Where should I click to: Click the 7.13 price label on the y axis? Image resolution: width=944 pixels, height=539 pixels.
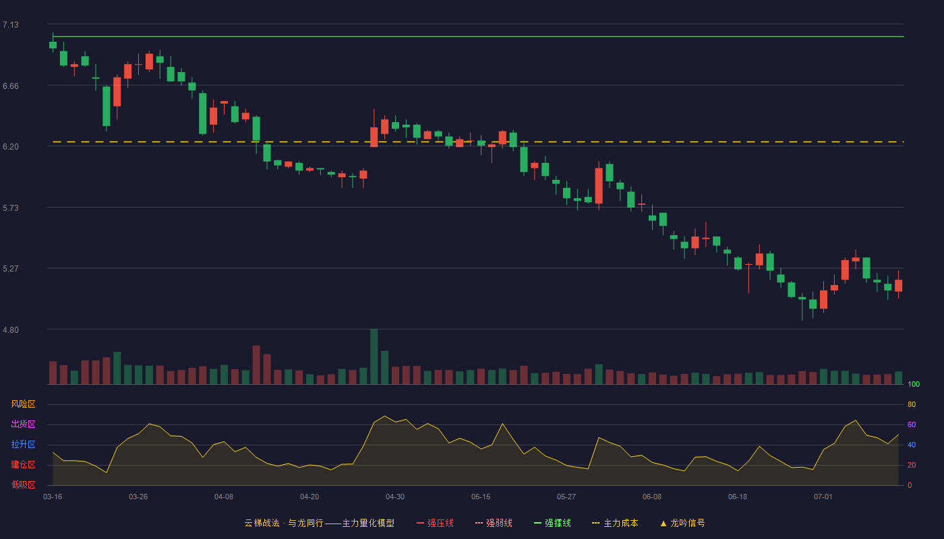(11, 25)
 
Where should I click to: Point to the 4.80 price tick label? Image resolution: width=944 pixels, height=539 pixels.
(11, 330)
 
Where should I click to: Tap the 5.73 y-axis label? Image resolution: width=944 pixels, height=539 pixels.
(11, 208)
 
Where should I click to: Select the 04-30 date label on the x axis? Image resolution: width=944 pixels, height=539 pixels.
(395, 497)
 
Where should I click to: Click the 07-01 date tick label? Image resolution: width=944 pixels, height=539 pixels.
(823, 497)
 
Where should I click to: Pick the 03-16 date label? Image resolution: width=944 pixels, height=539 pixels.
(53, 497)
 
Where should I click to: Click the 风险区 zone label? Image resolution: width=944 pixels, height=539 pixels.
(23, 404)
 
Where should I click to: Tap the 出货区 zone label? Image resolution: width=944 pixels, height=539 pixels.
(23, 424)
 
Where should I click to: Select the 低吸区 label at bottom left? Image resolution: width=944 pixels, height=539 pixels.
(23, 484)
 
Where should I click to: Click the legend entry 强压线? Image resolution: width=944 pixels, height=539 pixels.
(435, 523)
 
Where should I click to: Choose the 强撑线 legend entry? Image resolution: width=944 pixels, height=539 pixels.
(552, 523)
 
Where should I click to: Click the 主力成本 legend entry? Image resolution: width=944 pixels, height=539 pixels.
(615, 523)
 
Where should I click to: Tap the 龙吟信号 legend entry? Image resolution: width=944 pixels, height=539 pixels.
(682, 523)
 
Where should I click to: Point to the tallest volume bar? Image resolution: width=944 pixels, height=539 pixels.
(374, 356)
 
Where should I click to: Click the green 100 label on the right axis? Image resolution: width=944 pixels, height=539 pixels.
(914, 384)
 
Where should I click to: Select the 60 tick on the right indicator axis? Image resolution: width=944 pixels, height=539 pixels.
(912, 424)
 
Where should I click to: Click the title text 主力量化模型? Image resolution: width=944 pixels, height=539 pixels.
(368, 523)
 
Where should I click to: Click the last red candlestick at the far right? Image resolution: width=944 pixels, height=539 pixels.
(898, 285)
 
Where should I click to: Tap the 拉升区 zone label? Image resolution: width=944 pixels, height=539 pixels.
(23, 444)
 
